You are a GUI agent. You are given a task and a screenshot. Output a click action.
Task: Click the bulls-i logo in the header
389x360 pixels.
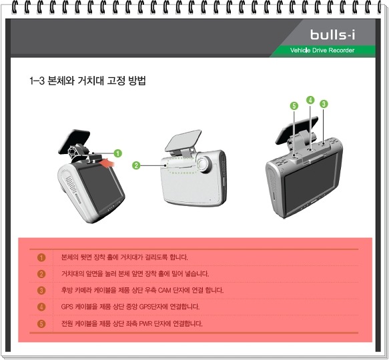click(337, 34)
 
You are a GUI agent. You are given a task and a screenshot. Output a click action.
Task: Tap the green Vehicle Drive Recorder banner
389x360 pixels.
click(322, 51)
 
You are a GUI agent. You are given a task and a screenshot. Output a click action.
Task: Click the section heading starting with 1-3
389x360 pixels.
click(88, 81)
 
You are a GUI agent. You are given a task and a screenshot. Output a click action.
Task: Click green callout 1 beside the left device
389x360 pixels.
click(117, 153)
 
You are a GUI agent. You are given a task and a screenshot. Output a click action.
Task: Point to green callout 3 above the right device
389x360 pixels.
click(324, 104)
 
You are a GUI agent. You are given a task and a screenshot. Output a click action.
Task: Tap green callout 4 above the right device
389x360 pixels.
click(310, 100)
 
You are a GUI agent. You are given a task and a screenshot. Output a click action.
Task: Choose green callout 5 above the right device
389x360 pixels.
click(294, 106)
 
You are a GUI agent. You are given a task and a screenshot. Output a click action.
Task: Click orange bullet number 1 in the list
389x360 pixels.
click(41, 257)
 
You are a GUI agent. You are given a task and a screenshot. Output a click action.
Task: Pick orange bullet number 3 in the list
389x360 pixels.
click(41, 291)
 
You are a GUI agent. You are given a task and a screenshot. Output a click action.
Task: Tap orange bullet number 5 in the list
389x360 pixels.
click(41, 324)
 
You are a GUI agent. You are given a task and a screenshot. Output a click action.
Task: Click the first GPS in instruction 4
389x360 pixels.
click(67, 307)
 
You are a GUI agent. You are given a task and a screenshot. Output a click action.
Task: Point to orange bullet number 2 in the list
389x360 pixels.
click(41, 274)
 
